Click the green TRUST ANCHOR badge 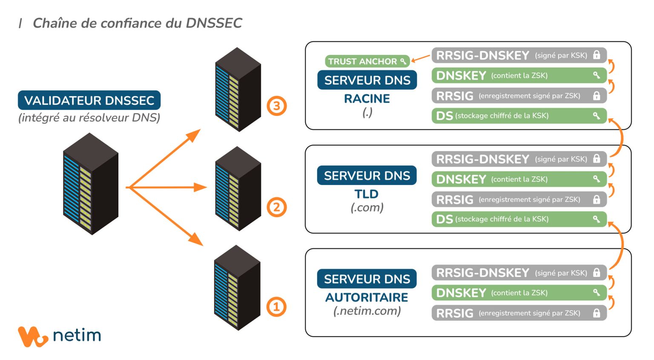[x=367, y=61]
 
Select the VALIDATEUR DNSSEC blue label [x=89, y=101]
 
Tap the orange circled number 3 [x=276, y=106]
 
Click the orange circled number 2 [x=276, y=207]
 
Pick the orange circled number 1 [x=276, y=307]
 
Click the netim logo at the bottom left [x=59, y=336]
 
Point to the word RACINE [x=367, y=99]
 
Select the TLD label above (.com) [x=366, y=194]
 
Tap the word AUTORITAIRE [x=367, y=297]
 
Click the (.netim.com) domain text [x=367, y=311]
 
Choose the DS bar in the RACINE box [x=518, y=116]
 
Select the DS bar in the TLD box [x=518, y=219]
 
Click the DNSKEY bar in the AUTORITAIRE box [x=518, y=293]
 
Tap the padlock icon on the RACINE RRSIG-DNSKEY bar [x=597, y=55]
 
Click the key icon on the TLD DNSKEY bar [x=597, y=179]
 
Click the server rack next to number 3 [x=238, y=89]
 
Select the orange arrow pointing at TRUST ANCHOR [x=421, y=58]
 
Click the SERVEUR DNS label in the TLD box [x=367, y=176]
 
